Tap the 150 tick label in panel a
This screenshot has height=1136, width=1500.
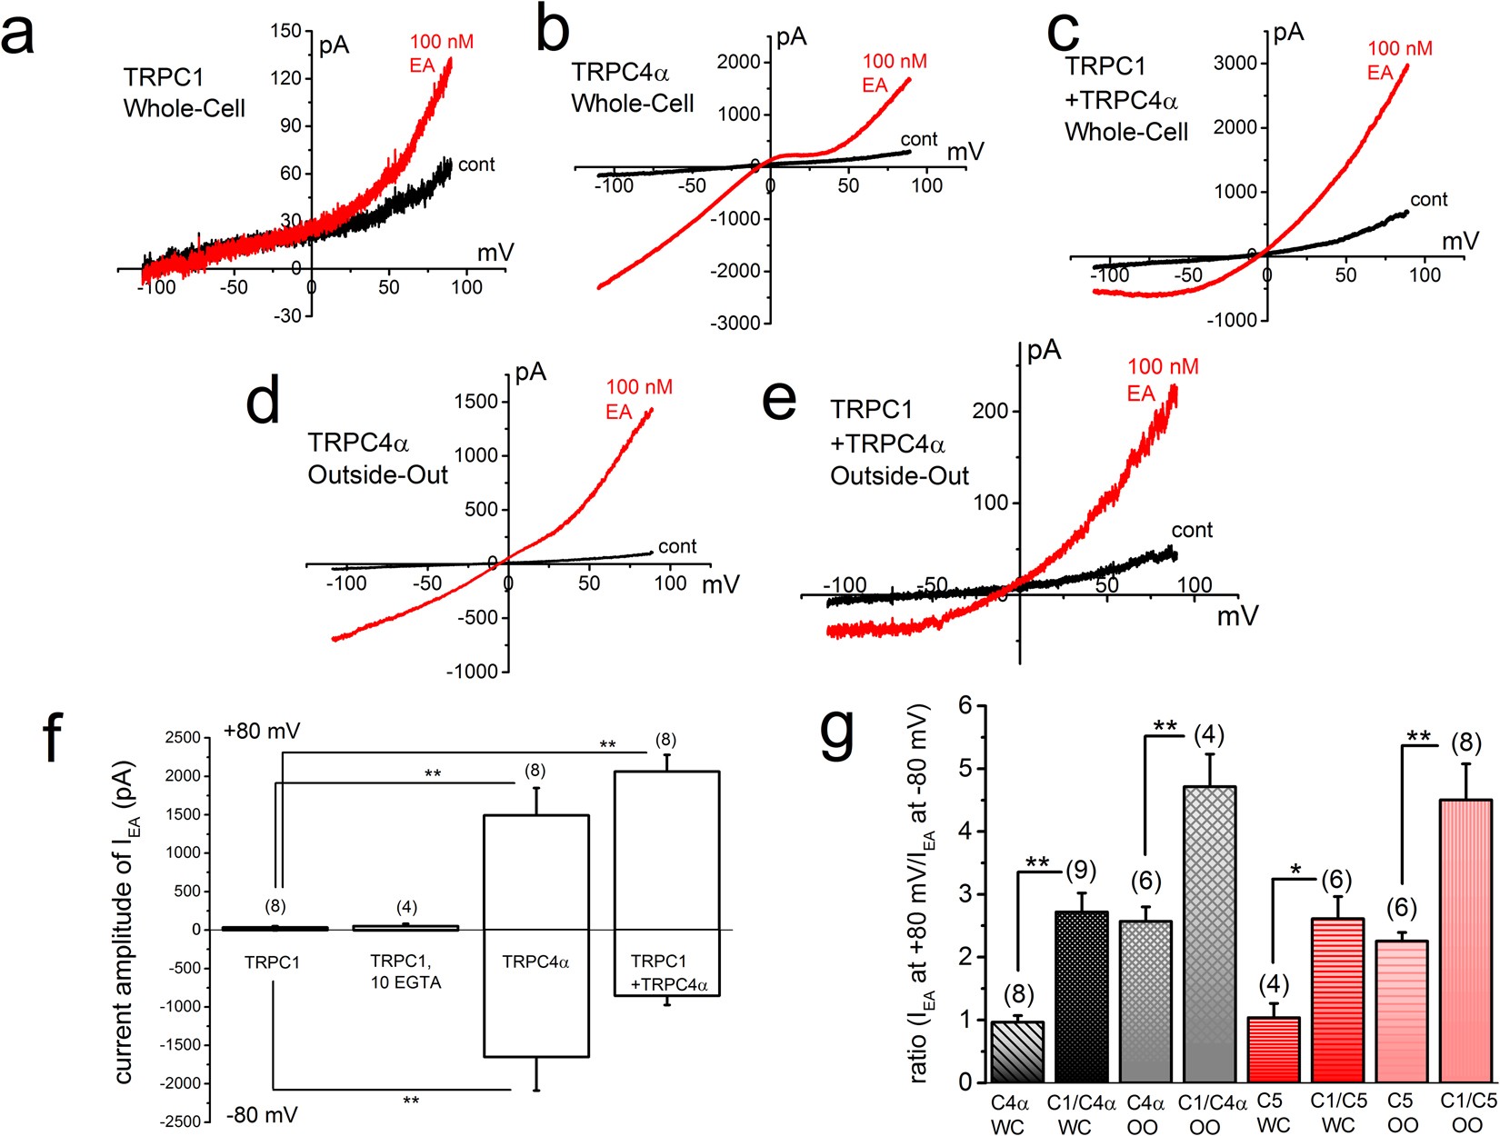click(285, 31)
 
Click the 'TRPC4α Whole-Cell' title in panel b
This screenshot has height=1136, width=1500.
click(632, 88)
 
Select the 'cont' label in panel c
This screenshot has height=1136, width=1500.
click(1428, 200)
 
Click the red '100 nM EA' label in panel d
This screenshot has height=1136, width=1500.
click(638, 399)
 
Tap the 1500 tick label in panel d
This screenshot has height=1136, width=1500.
click(475, 402)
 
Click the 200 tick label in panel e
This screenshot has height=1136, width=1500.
click(990, 411)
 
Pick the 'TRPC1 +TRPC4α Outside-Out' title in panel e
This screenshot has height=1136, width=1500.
click(898, 443)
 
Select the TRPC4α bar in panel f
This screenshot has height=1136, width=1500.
click(535, 936)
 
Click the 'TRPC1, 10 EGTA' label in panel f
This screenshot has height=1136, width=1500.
click(405, 972)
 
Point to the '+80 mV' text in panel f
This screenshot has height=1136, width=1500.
click(261, 732)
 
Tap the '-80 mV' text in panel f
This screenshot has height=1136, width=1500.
click(261, 1115)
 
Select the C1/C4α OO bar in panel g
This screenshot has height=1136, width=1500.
click(1209, 936)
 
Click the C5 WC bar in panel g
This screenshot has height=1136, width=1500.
click(1273, 1050)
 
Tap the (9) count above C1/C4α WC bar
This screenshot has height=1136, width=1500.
click(1080, 871)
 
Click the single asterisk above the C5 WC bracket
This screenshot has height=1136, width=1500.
click(1295, 871)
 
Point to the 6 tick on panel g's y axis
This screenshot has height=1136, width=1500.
click(965, 706)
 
